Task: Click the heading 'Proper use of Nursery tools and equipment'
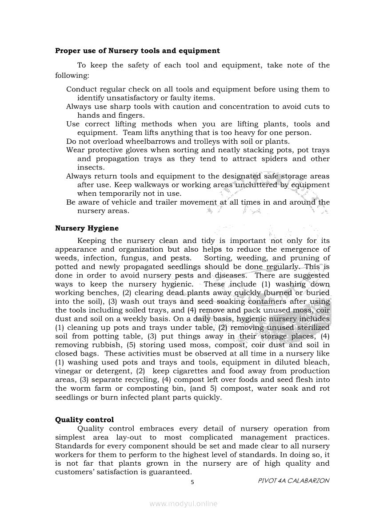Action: (137, 51)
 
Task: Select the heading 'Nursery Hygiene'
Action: (87, 228)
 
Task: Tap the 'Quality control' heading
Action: (84, 420)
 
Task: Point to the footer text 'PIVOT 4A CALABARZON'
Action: (294, 481)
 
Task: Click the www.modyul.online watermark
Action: (183, 504)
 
